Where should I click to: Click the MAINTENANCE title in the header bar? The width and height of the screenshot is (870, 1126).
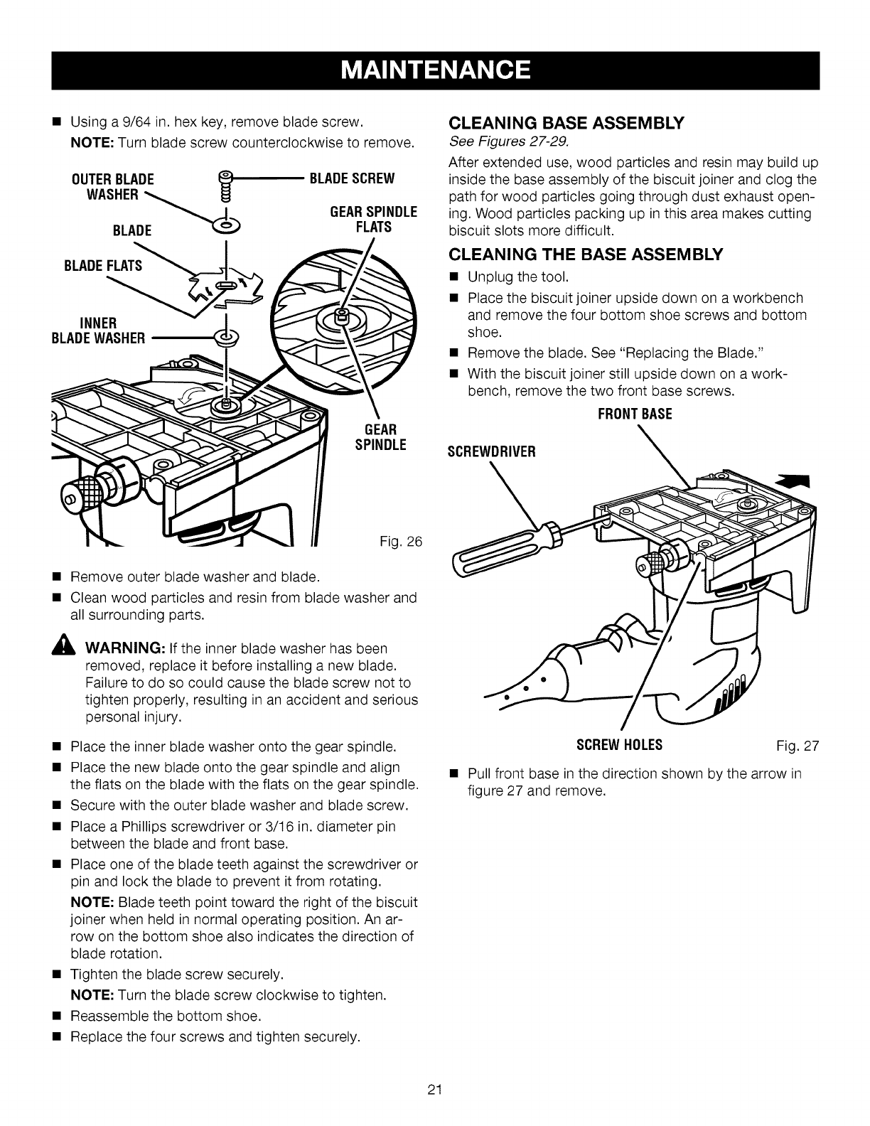pyautogui.click(x=435, y=70)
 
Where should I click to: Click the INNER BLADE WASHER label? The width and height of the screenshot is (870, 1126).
pyautogui.click(x=98, y=330)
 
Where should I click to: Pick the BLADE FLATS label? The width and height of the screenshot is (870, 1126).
pyautogui.click(x=103, y=266)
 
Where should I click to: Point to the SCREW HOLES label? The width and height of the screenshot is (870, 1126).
pyautogui.click(x=620, y=745)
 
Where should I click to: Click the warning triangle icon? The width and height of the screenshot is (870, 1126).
pyautogui.click(x=68, y=649)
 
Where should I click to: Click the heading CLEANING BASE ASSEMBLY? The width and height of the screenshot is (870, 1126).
pyautogui.click(x=566, y=122)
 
